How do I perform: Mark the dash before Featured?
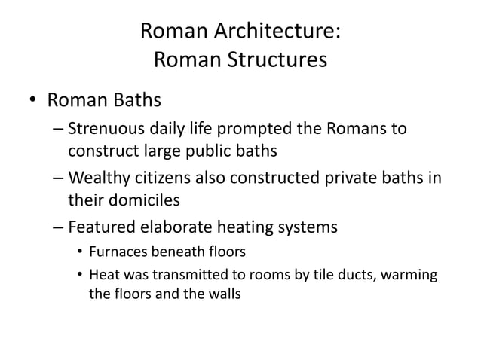pyautogui.click(x=59, y=227)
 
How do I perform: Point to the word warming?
pyautogui.click(x=411, y=276)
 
